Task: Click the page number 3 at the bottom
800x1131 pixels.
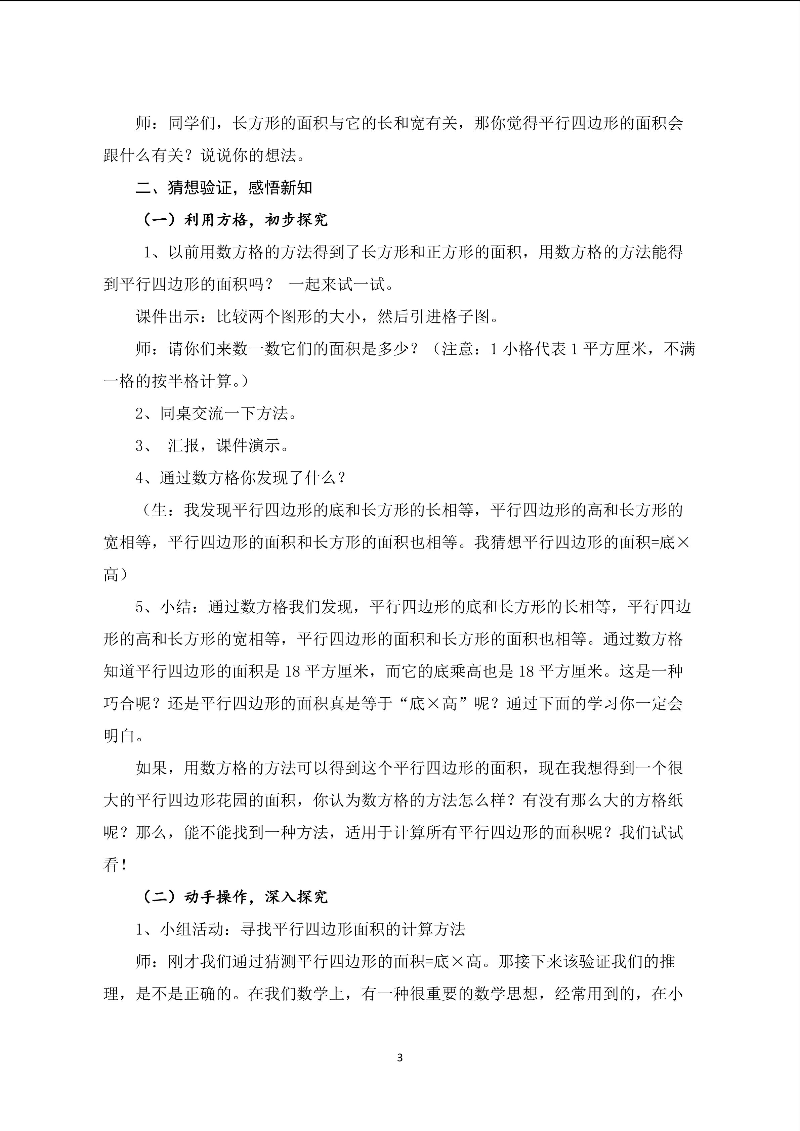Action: [x=399, y=1057]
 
